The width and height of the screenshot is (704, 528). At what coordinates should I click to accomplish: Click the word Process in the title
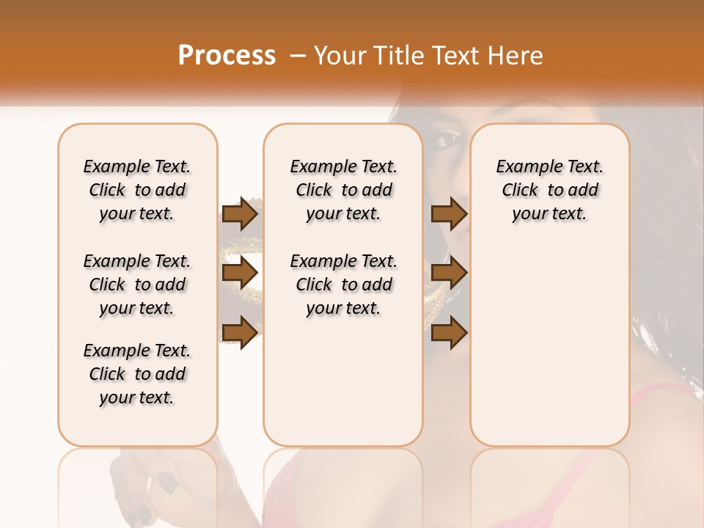[227, 55]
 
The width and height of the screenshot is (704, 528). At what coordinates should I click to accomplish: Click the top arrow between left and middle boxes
[240, 214]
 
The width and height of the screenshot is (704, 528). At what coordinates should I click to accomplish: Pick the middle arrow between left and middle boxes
[240, 274]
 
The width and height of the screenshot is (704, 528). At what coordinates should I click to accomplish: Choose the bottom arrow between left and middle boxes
[240, 333]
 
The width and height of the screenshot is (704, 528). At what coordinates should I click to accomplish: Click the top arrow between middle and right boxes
[449, 214]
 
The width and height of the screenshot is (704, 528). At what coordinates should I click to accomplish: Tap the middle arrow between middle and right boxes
[449, 274]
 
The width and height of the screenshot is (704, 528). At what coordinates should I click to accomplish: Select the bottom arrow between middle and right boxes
[449, 333]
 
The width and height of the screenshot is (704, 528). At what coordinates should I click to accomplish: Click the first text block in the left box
[137, 190]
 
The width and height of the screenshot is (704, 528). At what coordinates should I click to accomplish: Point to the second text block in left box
[137, 285]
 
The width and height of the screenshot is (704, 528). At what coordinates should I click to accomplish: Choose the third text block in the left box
[137, 374]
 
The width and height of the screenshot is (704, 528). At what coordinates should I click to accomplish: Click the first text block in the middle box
[343, 190]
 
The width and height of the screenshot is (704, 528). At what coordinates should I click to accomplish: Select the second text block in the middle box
[343, 285]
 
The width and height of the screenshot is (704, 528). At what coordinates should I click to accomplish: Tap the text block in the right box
[549, 190]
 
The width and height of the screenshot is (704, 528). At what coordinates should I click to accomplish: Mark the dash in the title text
[297, 56]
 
